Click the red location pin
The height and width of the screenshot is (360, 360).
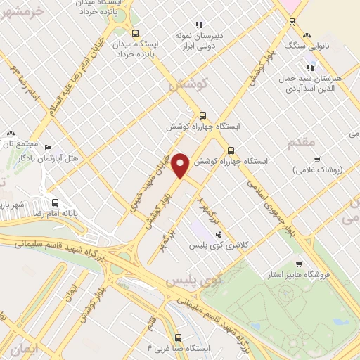click(181, 165)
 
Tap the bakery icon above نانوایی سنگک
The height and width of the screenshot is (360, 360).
click(306, 34)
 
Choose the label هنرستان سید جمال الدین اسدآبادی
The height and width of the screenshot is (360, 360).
click(313, 82)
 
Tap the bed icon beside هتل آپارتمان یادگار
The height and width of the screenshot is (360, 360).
click(48, 147)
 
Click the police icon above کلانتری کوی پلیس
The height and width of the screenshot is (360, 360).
click(219, 234)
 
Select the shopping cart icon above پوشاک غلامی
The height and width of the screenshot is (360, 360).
click(317, 159)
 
